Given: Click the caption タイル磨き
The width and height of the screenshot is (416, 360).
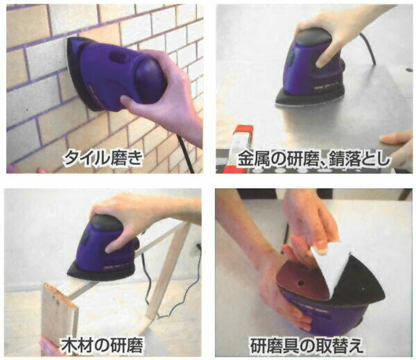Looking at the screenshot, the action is (x=103, y=159).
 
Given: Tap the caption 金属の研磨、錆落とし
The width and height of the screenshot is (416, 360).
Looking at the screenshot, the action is (x=314, y=160).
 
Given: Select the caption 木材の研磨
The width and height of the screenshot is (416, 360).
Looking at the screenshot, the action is (x=102, y=345).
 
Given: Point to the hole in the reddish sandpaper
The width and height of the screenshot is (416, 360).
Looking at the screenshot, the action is (x=301, y=283).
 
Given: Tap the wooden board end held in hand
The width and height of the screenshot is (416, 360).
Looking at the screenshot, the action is (x=59, y=311).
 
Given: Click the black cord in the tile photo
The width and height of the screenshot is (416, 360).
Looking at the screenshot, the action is (x=185, y=154).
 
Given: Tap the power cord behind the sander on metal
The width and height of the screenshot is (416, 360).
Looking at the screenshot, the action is (x=367, y=48).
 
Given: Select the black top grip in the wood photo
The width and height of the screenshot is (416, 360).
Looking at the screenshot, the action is (x=106, y=223).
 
